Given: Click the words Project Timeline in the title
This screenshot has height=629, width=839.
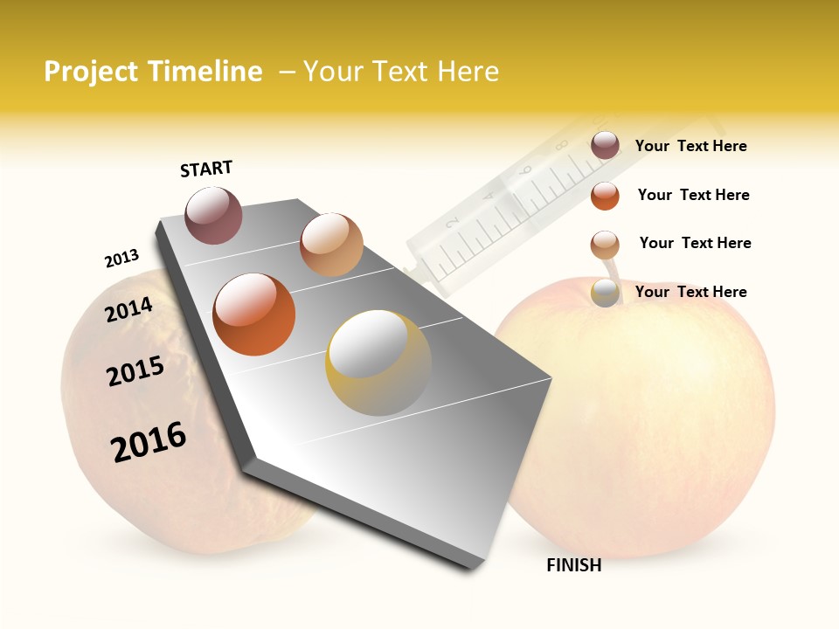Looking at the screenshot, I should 153,72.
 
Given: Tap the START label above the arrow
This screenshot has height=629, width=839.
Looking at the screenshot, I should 206,169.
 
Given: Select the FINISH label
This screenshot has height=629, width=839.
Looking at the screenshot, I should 574,565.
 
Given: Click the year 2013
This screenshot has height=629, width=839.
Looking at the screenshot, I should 121,259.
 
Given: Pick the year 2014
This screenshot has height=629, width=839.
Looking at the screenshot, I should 129,309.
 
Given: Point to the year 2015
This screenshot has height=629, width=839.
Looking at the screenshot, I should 135,371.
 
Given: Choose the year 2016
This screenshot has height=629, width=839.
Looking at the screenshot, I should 149,442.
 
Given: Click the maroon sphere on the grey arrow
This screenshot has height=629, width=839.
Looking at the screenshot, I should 214,215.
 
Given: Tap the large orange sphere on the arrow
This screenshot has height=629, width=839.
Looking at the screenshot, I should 254,314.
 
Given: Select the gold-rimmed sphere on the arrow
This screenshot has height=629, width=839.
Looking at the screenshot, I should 378,363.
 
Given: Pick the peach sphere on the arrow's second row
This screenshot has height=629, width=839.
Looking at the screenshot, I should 331,245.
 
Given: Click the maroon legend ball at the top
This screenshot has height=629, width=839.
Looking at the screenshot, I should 605,146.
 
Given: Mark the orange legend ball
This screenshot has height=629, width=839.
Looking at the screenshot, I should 605,196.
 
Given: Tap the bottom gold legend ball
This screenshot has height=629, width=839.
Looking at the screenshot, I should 605,293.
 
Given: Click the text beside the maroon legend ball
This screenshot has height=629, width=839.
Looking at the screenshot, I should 690,146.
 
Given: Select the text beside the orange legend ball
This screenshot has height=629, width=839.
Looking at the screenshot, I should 693,195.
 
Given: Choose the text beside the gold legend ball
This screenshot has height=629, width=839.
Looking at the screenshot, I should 690,292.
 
